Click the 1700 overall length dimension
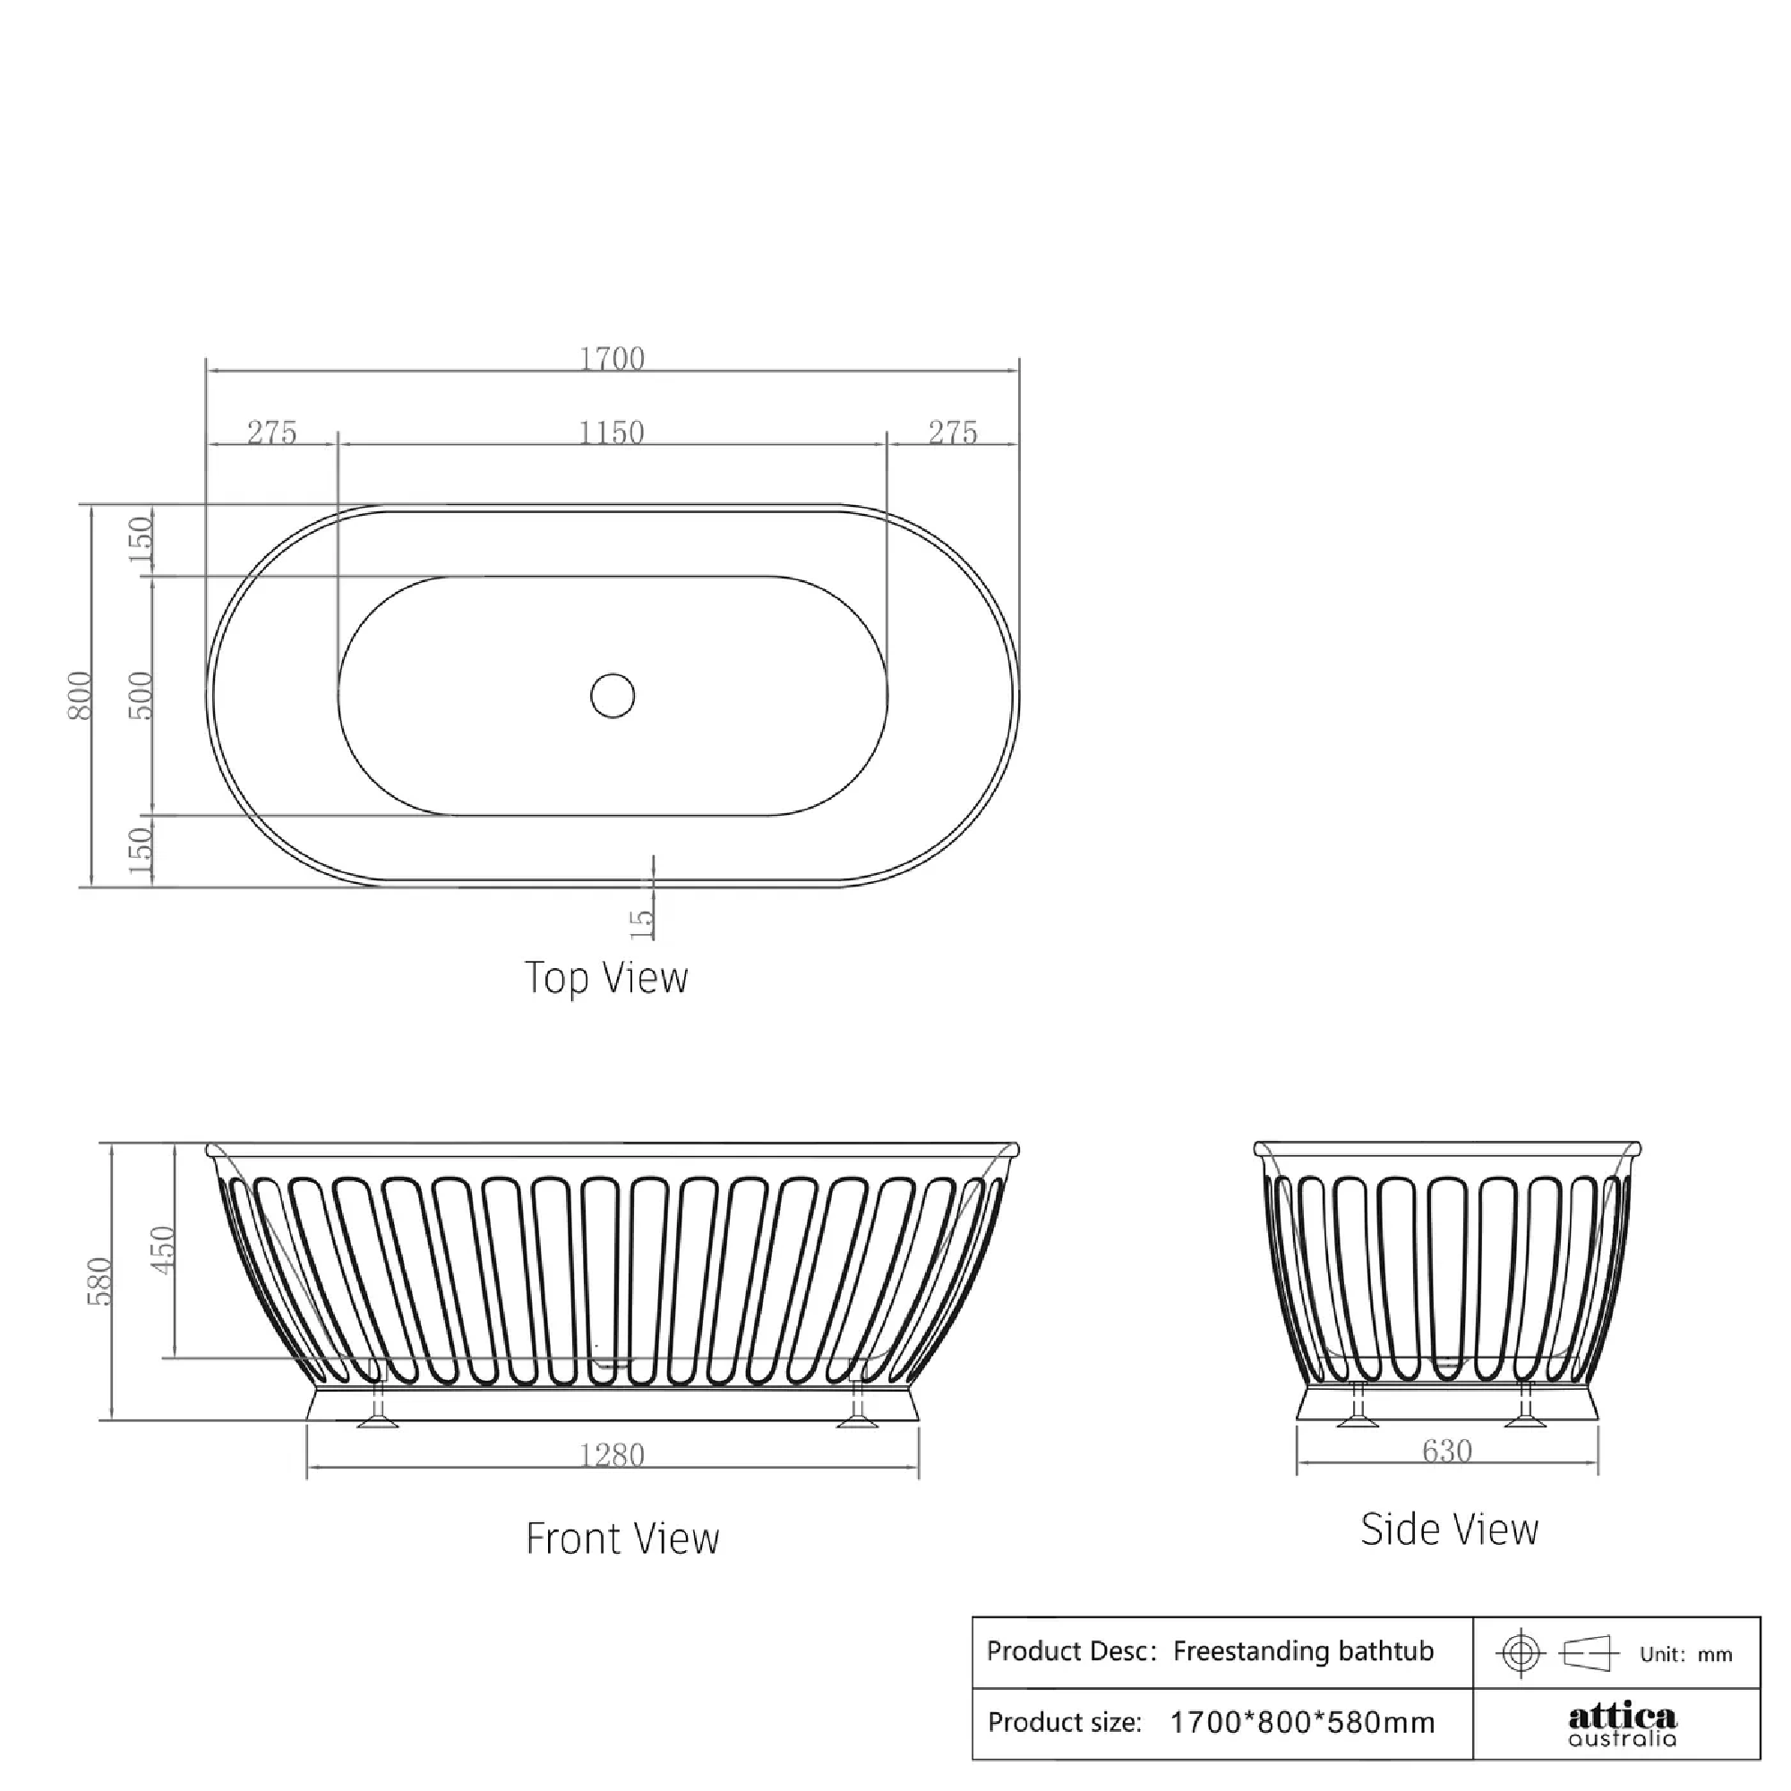coord(611,359)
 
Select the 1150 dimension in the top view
coord(611,433)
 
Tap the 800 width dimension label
coord(81,695)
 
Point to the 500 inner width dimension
coord(140,695)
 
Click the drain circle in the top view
coord(612,695)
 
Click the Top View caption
coord(606,978)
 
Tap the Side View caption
coord(1449,1530)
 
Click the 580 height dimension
coord(99,1281)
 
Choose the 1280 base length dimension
coord(611,1455)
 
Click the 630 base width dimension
coord(1446,1451)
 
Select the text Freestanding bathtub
coord(1302,1651)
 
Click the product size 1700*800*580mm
coord(1301,1722)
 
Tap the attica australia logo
coord(1622,1724)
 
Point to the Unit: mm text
coord(1685,1654)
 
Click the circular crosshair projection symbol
coord(1521,1652)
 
